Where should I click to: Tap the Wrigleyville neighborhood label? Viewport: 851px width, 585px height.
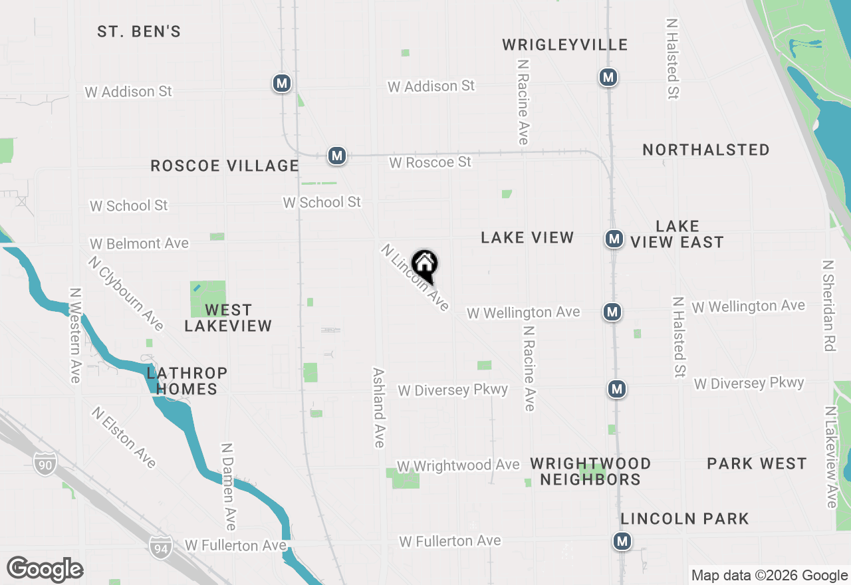[564, 45]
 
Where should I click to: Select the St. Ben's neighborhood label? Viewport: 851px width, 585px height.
[139, 31]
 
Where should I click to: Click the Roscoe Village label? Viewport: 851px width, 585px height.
[225, 166]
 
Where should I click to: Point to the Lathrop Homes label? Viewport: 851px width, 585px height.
[187, 381]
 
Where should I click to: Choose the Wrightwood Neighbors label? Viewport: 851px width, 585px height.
[590, 471]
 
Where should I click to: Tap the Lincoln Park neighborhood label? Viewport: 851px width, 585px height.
[685, 519]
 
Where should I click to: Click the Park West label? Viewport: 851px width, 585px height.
[757, 463]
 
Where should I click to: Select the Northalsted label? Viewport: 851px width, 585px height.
[706, 150]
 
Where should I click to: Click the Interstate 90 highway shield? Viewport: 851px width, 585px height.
[45, 461]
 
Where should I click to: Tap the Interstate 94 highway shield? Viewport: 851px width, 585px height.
[160, 546]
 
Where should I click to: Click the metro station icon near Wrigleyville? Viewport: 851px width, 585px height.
[608, 77]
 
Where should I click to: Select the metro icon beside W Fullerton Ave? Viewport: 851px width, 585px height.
[622, 541]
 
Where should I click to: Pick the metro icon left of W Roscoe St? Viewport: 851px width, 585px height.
[337, 156]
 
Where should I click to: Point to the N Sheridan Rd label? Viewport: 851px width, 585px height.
[828, 305]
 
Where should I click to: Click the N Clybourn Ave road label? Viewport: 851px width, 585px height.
[126, 292]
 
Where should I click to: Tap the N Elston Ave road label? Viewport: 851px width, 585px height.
[124, 437]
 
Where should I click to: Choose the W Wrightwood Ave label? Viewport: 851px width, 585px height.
[458, 465]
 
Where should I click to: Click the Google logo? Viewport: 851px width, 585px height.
[45, 570]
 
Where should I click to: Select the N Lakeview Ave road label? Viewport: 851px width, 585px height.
[830, 457]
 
